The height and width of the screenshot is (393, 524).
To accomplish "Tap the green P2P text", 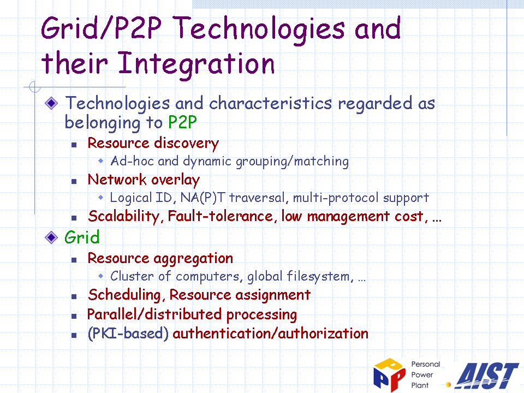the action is (x=182, y=122).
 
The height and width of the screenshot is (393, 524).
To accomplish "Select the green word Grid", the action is (x=82, y=237).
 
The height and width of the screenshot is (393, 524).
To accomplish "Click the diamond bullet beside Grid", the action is (x=51, y=237).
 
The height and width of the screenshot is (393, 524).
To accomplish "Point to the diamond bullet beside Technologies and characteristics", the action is (x=51, y=103).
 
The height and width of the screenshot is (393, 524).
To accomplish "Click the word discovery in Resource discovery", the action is (x=187, y=144).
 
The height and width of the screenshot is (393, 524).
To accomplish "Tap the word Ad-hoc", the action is (x=132, y=161).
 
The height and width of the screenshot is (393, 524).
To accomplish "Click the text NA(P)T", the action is (x=203, y=198).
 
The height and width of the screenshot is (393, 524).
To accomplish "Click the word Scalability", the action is (x=124, y=216).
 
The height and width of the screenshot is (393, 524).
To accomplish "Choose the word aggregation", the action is (x=193, y=259).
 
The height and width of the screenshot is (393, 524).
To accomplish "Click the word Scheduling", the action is (x=124, y=295).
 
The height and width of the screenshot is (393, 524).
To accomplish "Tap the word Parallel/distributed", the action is (x=154, y=314).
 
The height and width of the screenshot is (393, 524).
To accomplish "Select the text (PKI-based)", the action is (x=128, y=334).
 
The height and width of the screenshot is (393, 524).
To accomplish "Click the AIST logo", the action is (x=486, y=376).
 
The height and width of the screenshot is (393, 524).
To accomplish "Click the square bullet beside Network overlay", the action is (x=74, y=181).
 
